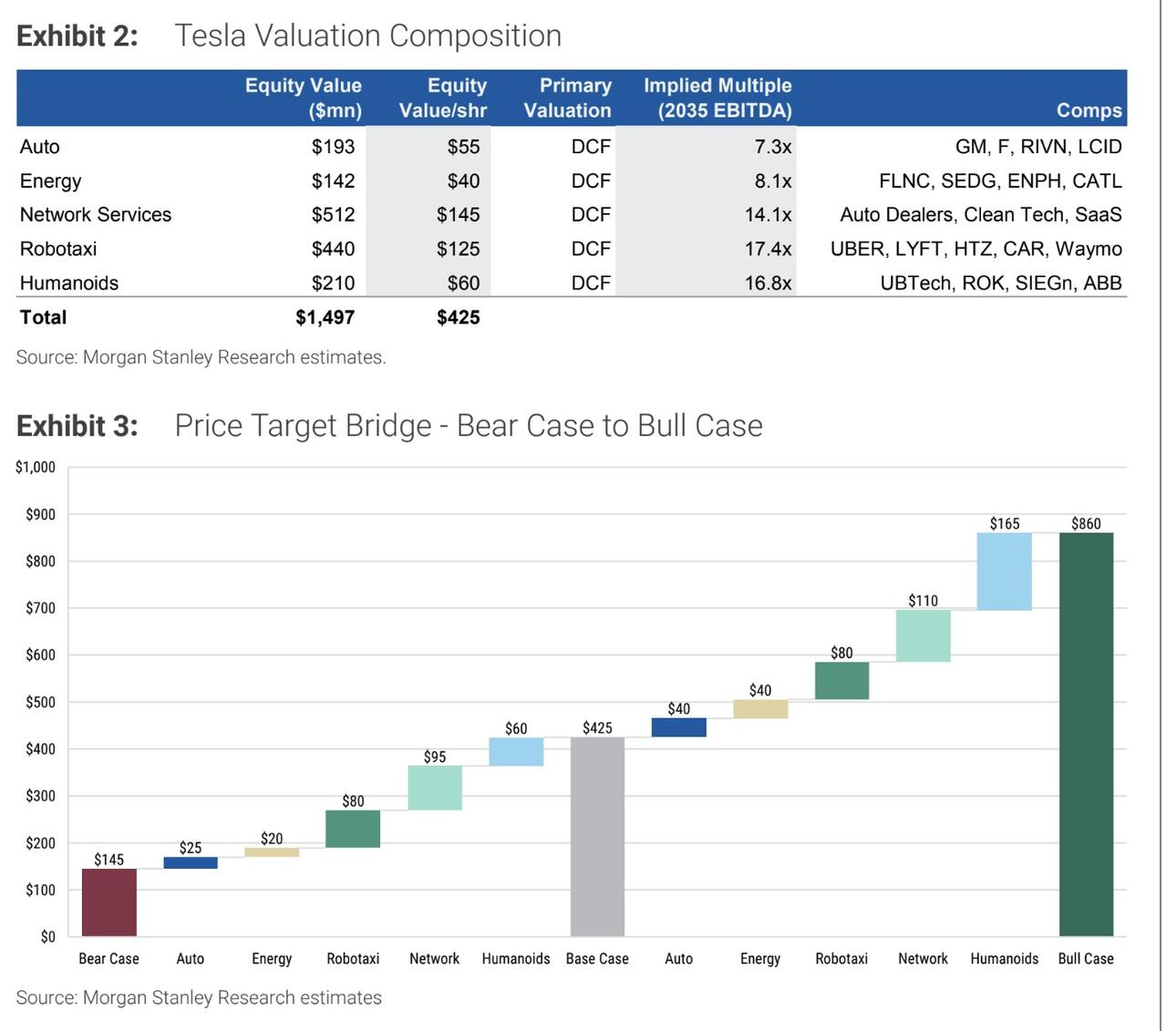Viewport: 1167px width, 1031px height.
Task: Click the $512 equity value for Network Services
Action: tap(333, 215)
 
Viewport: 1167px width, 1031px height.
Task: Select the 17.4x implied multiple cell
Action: tap(768, 249)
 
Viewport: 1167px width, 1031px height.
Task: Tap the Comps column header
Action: tap(1089, 110)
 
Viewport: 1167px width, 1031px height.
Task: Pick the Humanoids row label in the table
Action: tap(69, 284)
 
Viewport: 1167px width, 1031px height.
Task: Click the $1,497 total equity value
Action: tap(325, 317)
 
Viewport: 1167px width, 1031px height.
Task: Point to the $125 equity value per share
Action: tap(458, 249)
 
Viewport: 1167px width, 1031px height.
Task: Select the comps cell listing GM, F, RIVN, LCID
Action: tap(1038, 147)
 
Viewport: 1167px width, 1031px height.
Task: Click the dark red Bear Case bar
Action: tap(109, 902)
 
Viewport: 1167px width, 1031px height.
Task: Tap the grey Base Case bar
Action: tap(597, 836)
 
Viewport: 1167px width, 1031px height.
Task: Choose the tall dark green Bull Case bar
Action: tap(1086, 734)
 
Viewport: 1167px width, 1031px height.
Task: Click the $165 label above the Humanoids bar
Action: tap(1005, 523)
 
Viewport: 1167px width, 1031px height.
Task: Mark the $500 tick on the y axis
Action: tap(41, 702)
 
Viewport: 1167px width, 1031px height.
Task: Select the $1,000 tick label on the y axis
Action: tap(36, 468)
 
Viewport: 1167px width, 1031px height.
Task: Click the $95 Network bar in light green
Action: tap(435, 788)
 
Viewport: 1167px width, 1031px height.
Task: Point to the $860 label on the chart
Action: tap(1086, 523)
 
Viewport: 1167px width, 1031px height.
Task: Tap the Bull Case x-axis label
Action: tap(1086, 959)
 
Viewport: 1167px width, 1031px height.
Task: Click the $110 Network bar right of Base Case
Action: tap(923, 635)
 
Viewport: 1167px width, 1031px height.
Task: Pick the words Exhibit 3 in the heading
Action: tap(77, 426)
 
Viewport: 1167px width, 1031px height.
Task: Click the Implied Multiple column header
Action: tap(718, 98)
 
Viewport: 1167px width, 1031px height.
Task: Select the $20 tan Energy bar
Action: tap(272, 852)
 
